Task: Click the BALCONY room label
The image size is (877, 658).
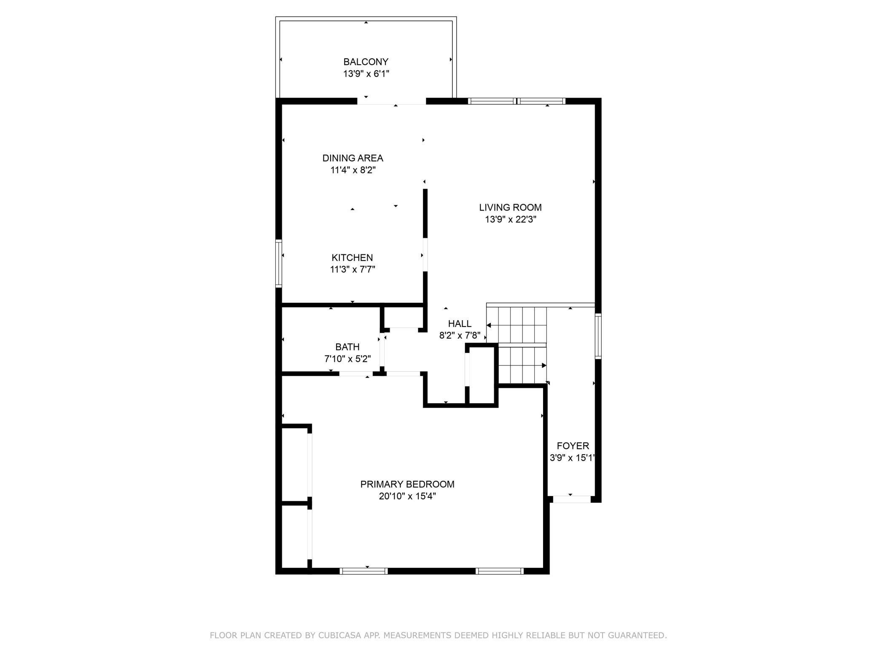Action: click(366, 62)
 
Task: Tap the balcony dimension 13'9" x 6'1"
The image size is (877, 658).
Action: click(366, 74)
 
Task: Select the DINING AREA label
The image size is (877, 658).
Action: click(353, 158)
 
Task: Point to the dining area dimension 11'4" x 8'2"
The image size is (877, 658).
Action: click(353, 170)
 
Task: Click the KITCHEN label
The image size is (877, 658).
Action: click(352, 258)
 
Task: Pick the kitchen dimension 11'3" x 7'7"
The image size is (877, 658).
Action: click(352, 270)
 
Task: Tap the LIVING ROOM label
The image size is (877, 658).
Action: click(510, 208)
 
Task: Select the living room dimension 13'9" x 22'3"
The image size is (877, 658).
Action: click(510, 219)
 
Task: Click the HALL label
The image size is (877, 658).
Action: click(460, 324)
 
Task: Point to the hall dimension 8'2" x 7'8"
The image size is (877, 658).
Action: click(460, 336)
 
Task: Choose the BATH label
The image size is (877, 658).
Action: click(347, 347)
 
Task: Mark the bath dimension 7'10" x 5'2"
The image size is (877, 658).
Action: click(347, 359)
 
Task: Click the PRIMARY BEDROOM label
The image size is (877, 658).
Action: click(407, 484)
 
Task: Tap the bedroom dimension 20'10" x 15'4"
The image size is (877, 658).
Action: click(407, 496)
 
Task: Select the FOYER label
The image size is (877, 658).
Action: click(573, 446)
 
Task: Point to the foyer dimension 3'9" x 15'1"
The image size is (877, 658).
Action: click(572, 458)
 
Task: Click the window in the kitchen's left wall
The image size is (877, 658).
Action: click(279, 264)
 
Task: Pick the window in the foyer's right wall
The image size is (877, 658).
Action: click(598, 336)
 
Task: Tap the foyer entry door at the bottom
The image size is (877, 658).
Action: click(572, 499)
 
